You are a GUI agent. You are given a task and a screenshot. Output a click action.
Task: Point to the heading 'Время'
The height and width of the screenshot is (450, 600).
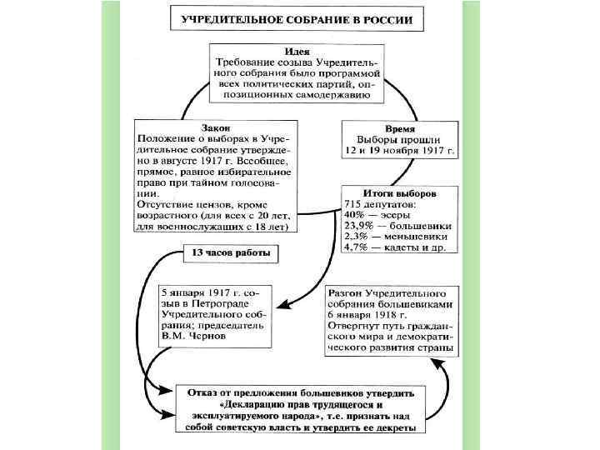click(x=399, y=127)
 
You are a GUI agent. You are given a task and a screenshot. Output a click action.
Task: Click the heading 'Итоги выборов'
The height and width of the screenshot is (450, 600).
click(x=399, y=192)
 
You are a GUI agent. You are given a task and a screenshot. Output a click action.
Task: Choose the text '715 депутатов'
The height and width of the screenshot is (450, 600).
click(x=382, y=203)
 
